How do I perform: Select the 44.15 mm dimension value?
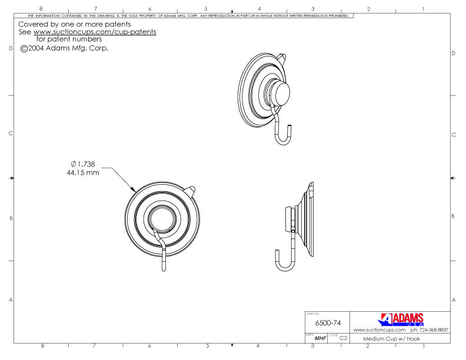(x=83, y=174)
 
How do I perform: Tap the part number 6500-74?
(x=328, y=323)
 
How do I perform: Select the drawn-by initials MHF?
(x=320, y=339)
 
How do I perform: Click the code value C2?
(x=343, y=339)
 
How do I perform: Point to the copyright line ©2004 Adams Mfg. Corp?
(x=65, y=48)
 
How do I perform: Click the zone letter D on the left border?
(x=12, y=54)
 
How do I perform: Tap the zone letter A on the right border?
(x=453, y=301)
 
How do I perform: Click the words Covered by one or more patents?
(x=74, y=24)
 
